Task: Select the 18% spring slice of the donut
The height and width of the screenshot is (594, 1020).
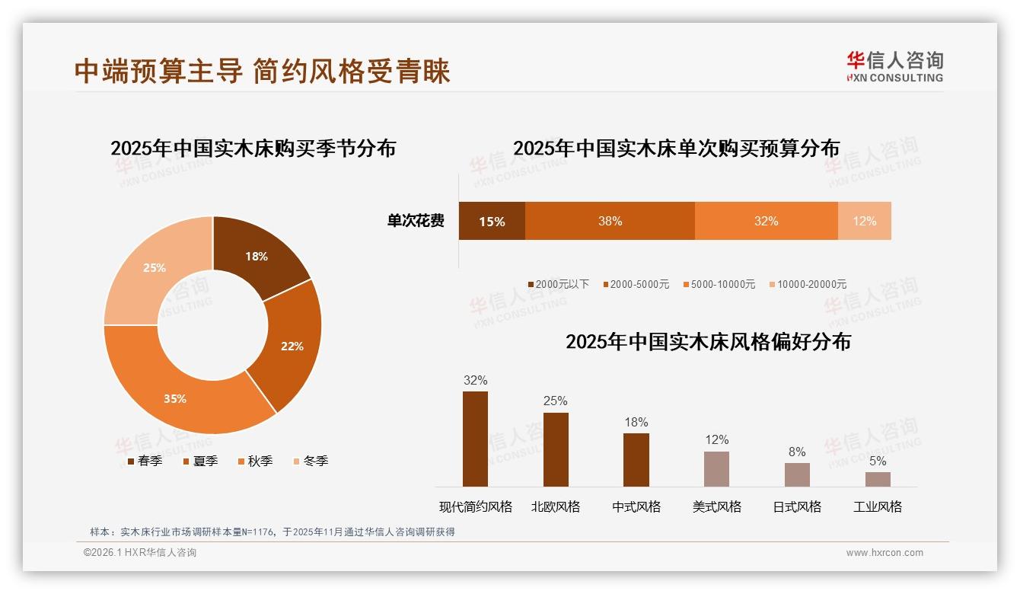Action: pyautogui.click(x=257, y=256)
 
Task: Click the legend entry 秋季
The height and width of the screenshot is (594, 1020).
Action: pyautogui.click(x=255, y=461)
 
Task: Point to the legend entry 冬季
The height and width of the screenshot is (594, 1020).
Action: pyautogui.click(x=311, y=461)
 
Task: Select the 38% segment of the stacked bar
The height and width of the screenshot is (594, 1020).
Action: pyautogui.click(x=610, y=221)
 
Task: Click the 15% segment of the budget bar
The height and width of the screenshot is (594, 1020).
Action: pyautogui.click(x=492, y=221)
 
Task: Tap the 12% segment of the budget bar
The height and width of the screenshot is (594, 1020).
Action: pyautogui.click(x=864, y=221)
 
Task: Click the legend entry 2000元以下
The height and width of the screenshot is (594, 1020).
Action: pyautogui.click(x=559, y=284)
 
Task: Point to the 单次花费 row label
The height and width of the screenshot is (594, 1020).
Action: pyautogui.click(x=416, y=221)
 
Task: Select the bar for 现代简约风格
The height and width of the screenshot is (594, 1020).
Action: pyautogui.click(x=475, y=439)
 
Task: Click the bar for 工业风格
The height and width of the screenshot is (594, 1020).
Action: pyautogui.click(x=878, y=479)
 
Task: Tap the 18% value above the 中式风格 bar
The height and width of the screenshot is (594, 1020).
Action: pyautogui.click(x=636, y=422)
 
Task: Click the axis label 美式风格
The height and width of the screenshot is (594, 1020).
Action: pyautogui.click(x=716, y=506)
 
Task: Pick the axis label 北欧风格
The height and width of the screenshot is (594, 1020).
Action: pyautogui.click(x=556, y=506)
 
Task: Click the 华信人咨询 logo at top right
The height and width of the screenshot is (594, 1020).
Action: pyautogui.click(x=894, y=65)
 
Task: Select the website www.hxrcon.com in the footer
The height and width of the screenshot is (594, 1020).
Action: pyautogui.click(x=885, y=553)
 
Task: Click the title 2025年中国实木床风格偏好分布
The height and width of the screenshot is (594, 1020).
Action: pyautogui.click(x=708, y=341)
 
